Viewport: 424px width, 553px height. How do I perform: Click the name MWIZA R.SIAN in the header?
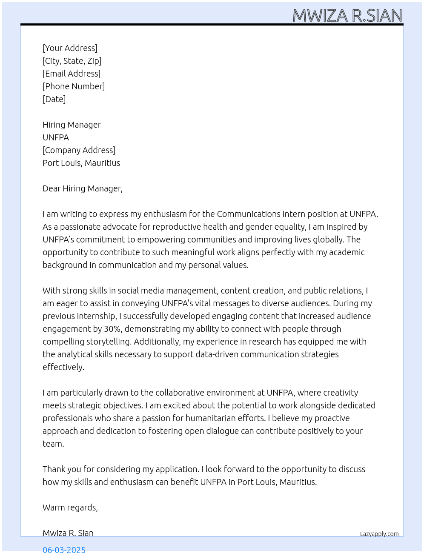tap(347, 16)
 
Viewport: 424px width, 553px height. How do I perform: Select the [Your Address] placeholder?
tap(70, 48)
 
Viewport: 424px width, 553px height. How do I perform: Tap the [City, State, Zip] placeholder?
tap(72, 61)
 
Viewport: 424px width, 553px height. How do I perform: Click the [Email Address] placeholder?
tap(72, 74)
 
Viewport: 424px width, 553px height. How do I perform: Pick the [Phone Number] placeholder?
tap(74, 86)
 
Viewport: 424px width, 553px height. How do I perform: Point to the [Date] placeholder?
tap(54, 99)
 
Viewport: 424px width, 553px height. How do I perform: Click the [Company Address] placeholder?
tap(79, 150)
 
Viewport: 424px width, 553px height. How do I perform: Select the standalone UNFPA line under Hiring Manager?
tap(56, 137)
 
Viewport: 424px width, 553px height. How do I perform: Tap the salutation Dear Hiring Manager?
tap(83, 188)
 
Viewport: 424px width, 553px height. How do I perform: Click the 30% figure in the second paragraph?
tap(112, 329)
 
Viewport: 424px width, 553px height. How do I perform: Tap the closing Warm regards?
tap(70, 507)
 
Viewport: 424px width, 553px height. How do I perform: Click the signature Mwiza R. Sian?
tap(68, 533)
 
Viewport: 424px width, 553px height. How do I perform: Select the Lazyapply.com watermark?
tap(379, 534)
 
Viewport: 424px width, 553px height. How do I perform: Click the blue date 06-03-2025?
tap(64, 549)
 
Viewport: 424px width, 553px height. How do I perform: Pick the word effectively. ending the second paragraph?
tap(63, 367)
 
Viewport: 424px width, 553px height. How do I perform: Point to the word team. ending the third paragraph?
tap(53, 444)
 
